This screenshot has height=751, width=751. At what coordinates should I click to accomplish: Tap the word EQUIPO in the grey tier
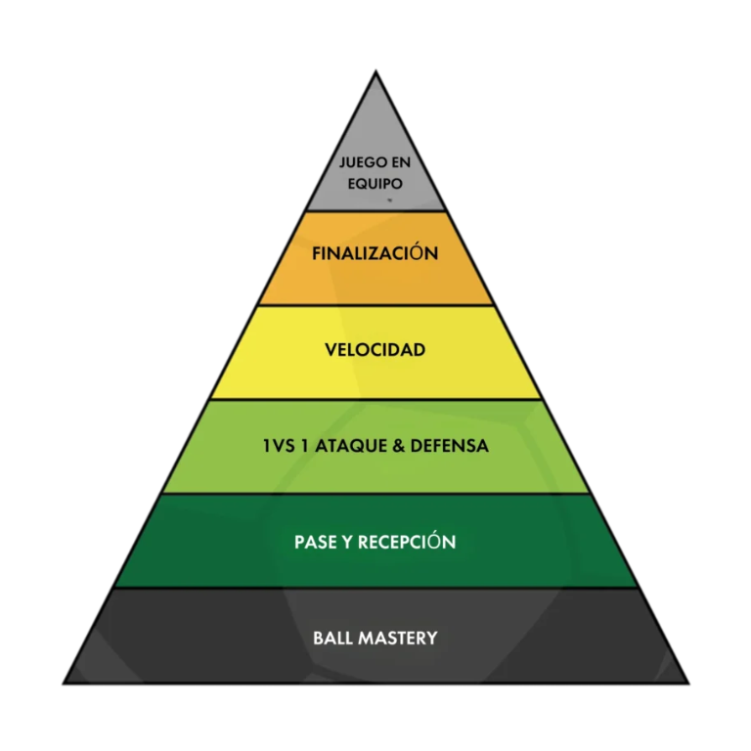point(375,182)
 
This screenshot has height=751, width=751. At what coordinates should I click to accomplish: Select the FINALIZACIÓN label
point(375,254)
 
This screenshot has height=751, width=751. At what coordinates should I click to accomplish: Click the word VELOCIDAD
point(375,349)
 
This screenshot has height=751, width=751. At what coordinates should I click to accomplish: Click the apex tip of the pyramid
point(375,71)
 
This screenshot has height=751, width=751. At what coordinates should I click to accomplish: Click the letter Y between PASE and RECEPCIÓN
point(345,542)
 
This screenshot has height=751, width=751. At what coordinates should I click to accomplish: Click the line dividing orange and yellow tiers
point(375,305)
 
